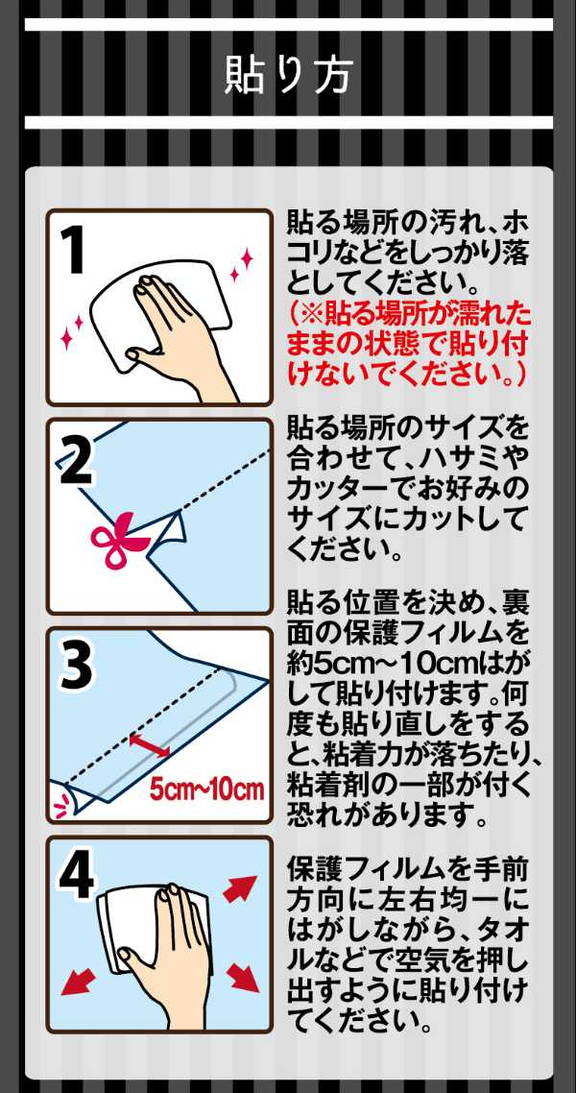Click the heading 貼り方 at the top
tap(288, 75)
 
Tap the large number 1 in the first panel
tap(75, 251)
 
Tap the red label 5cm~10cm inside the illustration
tap(206, 789)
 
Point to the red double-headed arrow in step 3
tap(149, 743)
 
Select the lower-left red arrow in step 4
tap(78, 980)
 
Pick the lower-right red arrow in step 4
tap(242, 975)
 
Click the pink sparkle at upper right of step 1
tap(241, 263)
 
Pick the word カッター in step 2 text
tap(336, 490)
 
